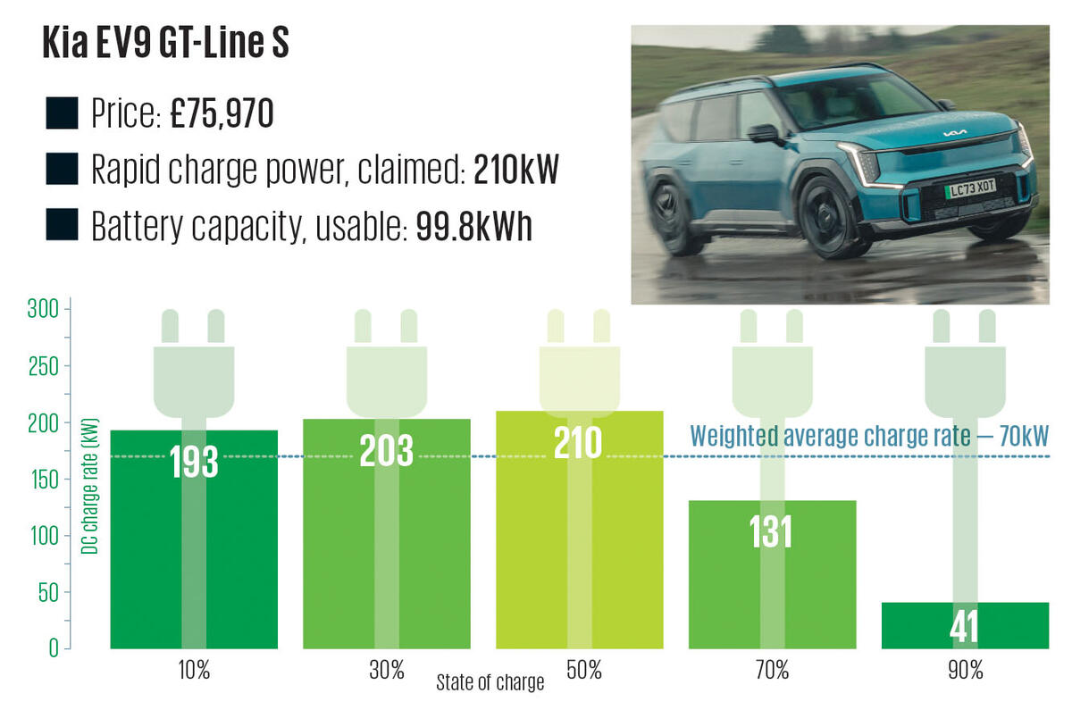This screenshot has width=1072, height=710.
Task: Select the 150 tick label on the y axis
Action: [x=48, y=480]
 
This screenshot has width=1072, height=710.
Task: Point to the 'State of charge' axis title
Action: [x=490, y=683]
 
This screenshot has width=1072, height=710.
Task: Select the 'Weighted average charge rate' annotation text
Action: [x=868, y=438]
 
